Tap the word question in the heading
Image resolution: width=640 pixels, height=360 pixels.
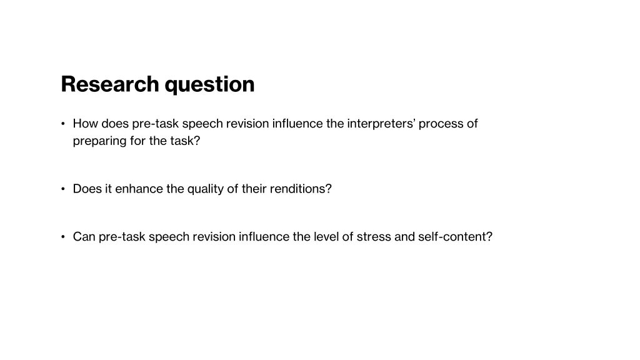pyautogui.click(x=210, y=84)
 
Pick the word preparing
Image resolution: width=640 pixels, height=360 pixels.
pyautogui.click(x=100, y=141)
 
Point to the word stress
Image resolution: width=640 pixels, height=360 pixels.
pyautogui.click(x=374, y=237)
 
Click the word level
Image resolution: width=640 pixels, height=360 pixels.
pyautogui.click(x=326, y=237)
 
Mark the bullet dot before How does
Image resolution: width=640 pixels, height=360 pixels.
pyautogui.click(x=63, y=124)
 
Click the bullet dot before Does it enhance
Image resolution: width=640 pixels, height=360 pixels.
pyautogui.click(x=63, y=189)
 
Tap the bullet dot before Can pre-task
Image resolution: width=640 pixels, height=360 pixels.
pyautogui.click(x=63, y=237)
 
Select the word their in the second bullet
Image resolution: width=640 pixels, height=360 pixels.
pyautogui.click(x=254, y=189)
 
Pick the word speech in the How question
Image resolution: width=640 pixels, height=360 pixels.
pyautogui.click(x=202, y=124)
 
